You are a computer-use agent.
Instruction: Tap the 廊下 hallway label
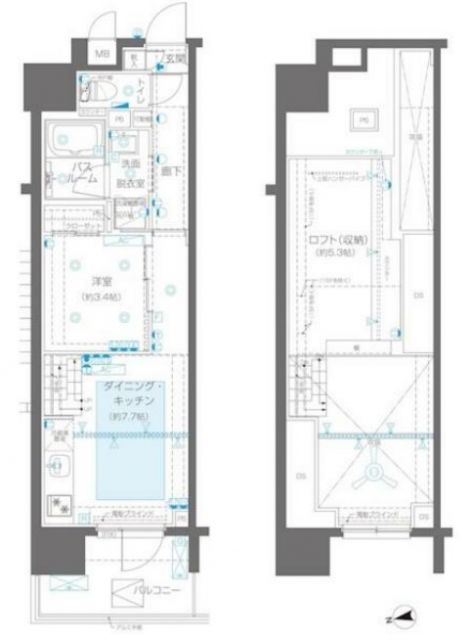[x=167, y=172]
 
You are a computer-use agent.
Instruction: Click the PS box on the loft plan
[x=358, y=123]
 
